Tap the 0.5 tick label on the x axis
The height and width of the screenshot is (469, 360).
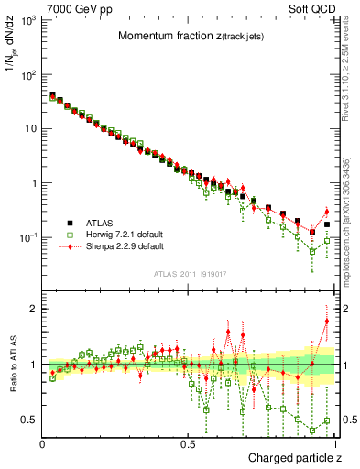(x=188, y=443)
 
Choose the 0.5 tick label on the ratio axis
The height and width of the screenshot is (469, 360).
(x=27, y=420)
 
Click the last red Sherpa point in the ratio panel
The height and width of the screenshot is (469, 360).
(x=327, y=322)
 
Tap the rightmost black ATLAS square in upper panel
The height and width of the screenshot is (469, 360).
(x=327, y=224)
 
